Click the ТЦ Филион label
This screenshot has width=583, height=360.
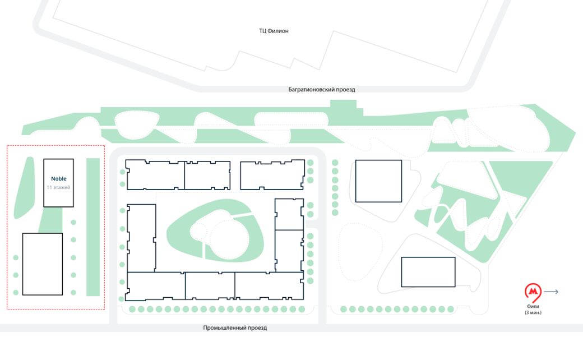point(274,31)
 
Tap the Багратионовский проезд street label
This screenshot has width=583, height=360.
point(322,90)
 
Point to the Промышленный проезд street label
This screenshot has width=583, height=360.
point(235,327)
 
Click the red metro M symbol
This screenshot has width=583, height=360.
point(533,292)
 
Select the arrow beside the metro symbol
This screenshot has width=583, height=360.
point(551,292)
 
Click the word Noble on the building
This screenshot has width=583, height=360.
point(59,178)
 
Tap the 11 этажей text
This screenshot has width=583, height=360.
point(58,187)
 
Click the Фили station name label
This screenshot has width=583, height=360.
point(533,306)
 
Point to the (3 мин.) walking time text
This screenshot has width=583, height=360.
point(533,312)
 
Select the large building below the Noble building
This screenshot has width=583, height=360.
point(43,264)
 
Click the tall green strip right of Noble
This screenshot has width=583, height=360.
point(93,227)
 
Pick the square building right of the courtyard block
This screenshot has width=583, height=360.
point(378,181)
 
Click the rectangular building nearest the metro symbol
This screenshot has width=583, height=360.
point(428,272)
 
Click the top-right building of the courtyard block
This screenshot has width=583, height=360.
point(272,175)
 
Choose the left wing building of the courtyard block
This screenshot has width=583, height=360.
point(141,238)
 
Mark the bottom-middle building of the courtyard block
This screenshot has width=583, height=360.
point(210,285)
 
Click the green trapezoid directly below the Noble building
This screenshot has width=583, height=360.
point(50,220)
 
